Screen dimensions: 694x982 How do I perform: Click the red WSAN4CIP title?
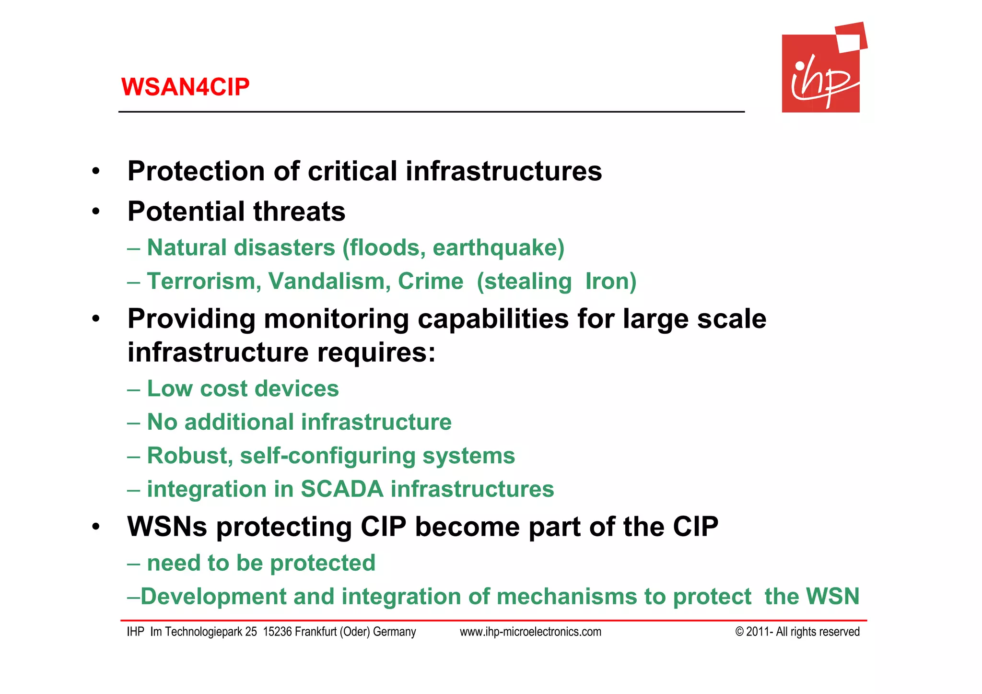(x=185, y=87)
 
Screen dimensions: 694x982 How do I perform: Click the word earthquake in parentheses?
(x=498, y=248)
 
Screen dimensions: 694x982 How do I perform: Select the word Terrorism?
(x=204, y=282)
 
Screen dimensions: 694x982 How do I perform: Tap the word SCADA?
(x=342, y=490)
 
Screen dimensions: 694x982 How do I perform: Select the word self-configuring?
(x=327, y=456)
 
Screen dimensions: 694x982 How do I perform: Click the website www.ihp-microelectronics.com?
(x=530, y=632)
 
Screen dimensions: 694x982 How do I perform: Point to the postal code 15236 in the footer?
(x=277, y=632)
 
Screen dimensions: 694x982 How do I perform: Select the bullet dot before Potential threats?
(x=96, y=212)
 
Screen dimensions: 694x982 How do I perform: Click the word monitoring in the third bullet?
(x=336, y=319)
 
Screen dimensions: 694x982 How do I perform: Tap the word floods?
(x=384, y=248)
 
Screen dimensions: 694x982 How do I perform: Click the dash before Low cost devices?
(x=133, y=389)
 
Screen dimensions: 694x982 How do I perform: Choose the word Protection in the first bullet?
(x=196, y=171)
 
